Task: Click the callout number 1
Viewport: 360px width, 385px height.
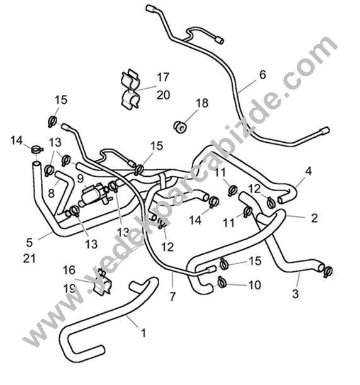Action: click(x=143, y=333)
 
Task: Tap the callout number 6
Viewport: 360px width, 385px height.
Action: click(x=262, y=75)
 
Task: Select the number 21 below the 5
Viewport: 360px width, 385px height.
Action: click(x=29, y=259)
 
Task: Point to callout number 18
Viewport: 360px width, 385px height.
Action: click(x=202, y=103)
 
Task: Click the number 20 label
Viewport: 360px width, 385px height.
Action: click(x=163, y=95)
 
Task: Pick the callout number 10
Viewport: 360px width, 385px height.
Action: click(x=255, y=285)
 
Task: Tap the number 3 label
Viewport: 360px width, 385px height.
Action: click(x=296, y=294)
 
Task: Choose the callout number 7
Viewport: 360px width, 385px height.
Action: click(x=172, y=296)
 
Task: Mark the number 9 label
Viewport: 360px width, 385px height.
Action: click(x=81, y=179)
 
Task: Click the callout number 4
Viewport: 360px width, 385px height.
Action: click(x=308, y=171)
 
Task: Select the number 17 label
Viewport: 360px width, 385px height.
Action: click(x=163, y=77)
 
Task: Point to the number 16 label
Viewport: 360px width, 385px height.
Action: click(x=69, y=270)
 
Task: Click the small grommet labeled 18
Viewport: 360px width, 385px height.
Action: click(x=180, y=126)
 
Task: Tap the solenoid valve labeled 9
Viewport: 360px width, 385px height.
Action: click(x=94, y=195)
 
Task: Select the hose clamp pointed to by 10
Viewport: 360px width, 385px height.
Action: click(x=222, y=282)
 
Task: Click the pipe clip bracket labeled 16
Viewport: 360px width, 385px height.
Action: click(x=103, y=282)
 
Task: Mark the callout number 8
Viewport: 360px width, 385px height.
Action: click(x=51, y=193)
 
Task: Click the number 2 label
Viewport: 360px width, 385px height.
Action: click(x=314, y=218)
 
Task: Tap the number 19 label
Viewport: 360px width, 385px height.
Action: click(x=69, y=288)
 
